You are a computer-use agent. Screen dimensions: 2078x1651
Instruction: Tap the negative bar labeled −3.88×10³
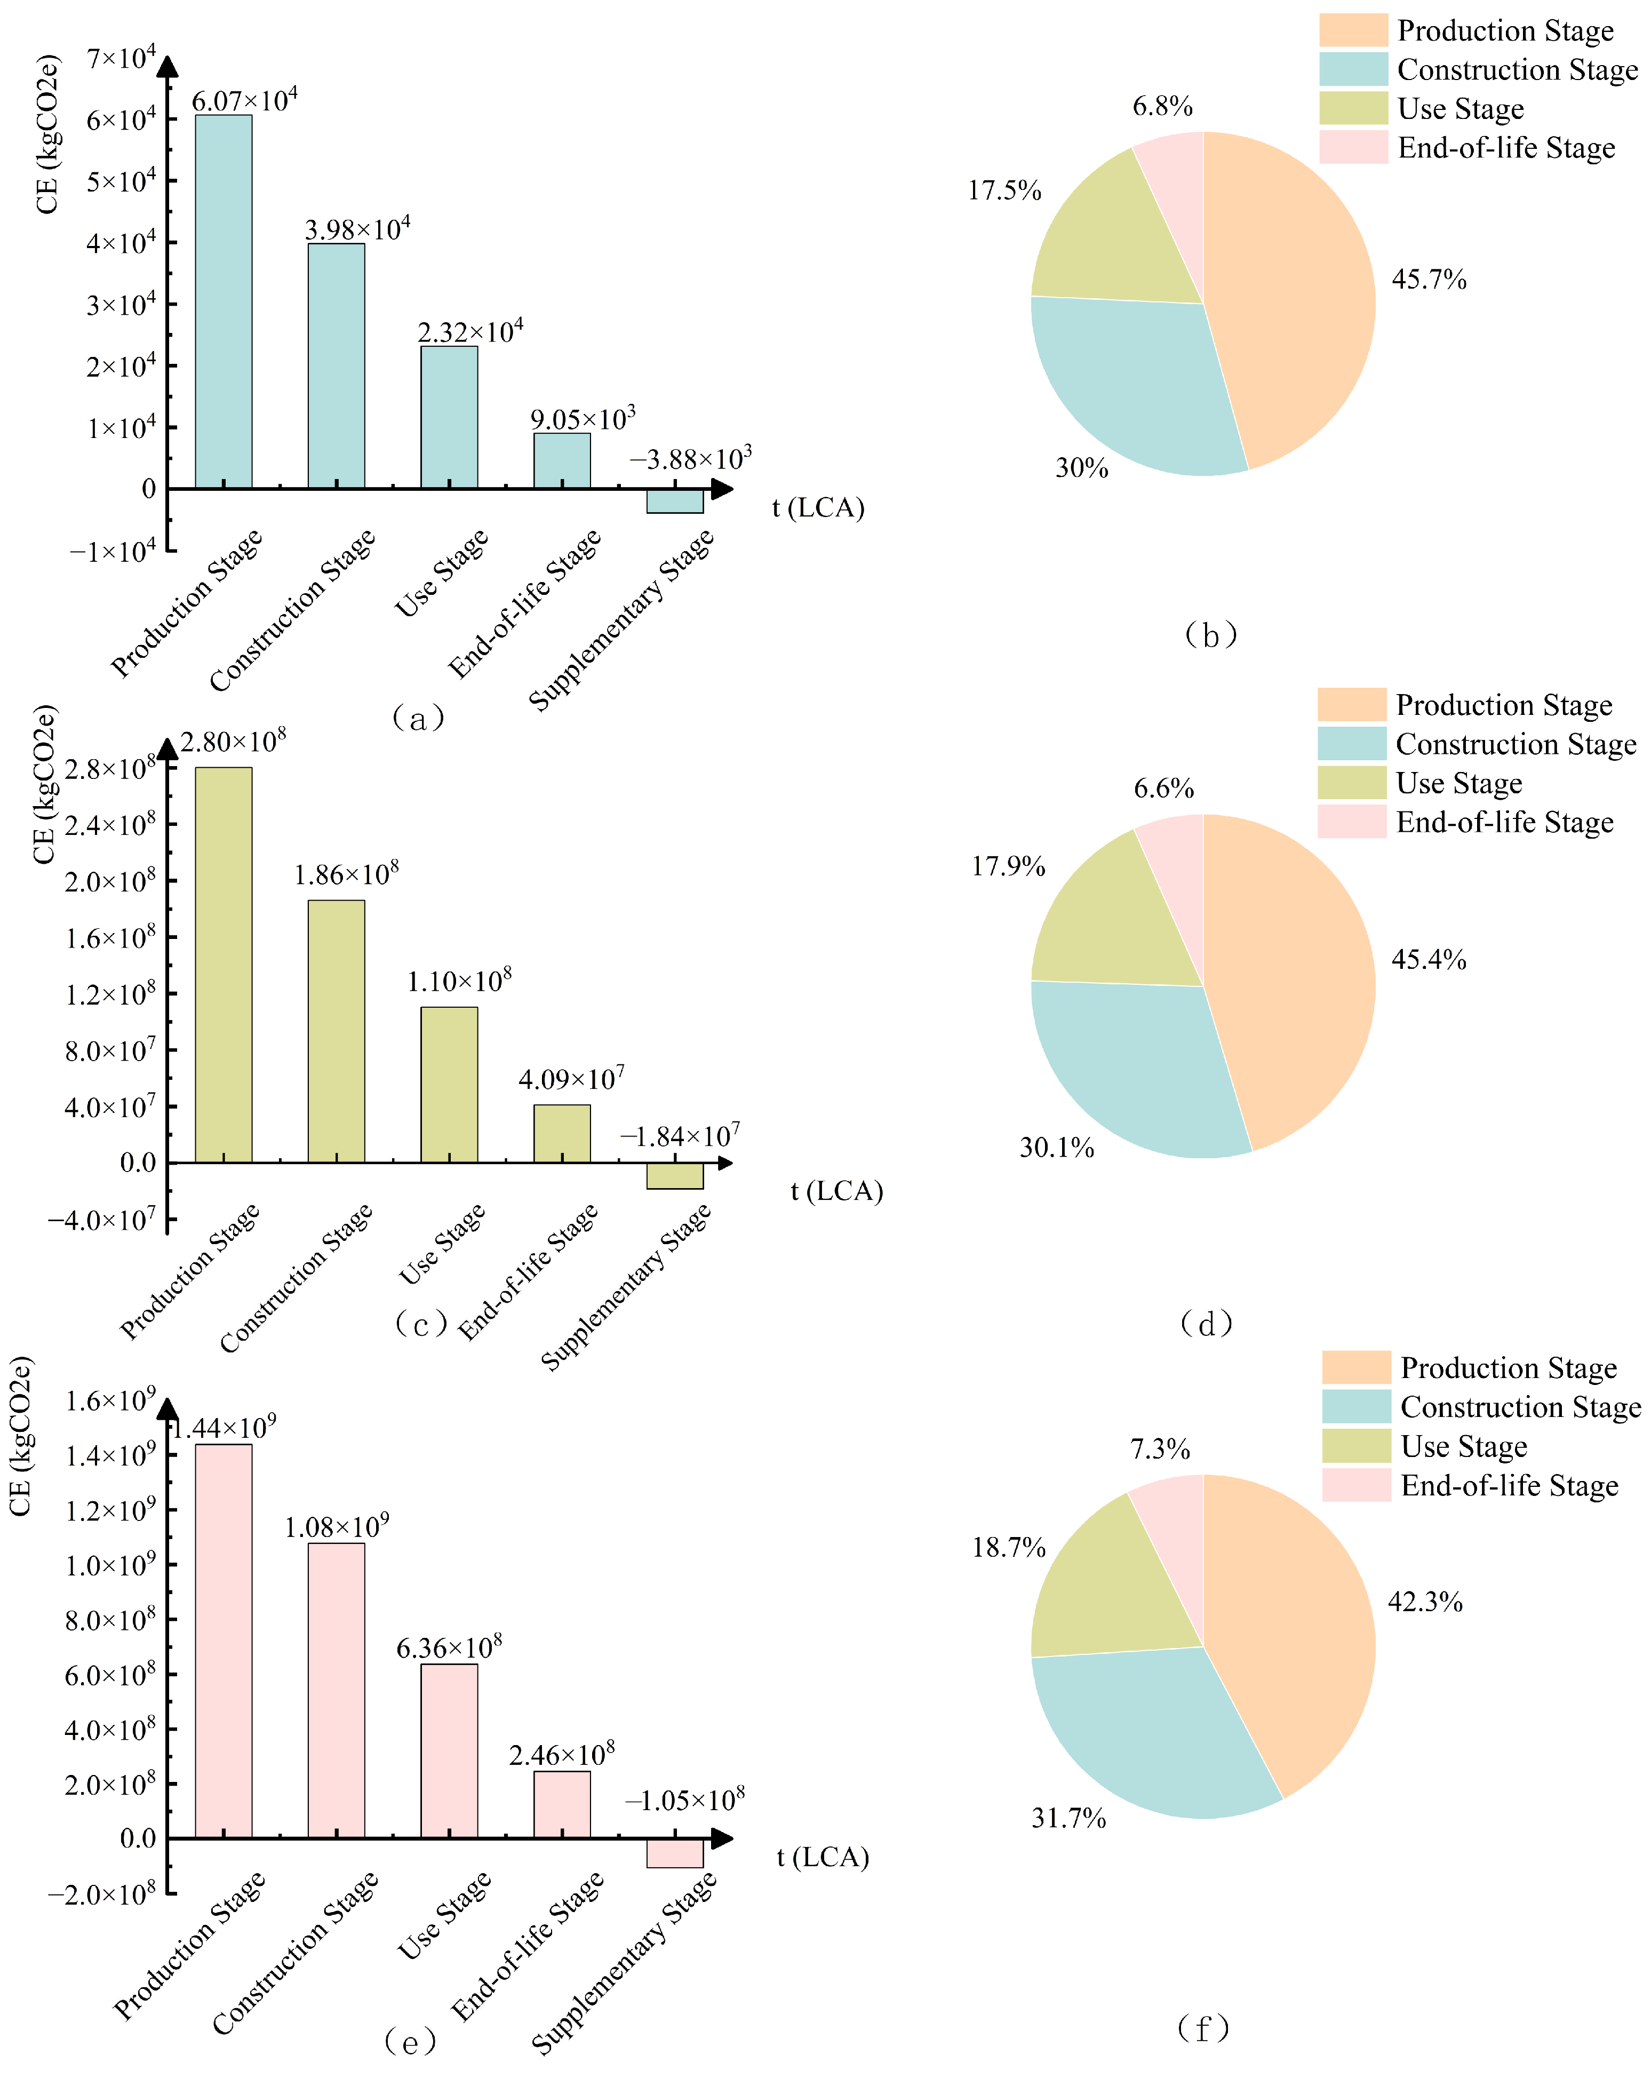(675, 501)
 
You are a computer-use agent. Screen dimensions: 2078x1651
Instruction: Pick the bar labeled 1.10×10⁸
(449, 1084)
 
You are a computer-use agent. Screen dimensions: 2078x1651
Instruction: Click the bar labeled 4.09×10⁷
(562, 1134)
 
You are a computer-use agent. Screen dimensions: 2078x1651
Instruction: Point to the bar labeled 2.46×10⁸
(562, 1804)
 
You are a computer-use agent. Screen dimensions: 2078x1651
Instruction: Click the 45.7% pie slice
(1291, 299)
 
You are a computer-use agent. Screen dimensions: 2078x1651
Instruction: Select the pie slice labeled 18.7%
(1108, 1590)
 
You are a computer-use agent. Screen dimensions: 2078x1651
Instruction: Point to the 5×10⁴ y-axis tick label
(121, 180)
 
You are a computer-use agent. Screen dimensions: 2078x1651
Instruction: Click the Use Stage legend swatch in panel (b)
(1353, 108)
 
